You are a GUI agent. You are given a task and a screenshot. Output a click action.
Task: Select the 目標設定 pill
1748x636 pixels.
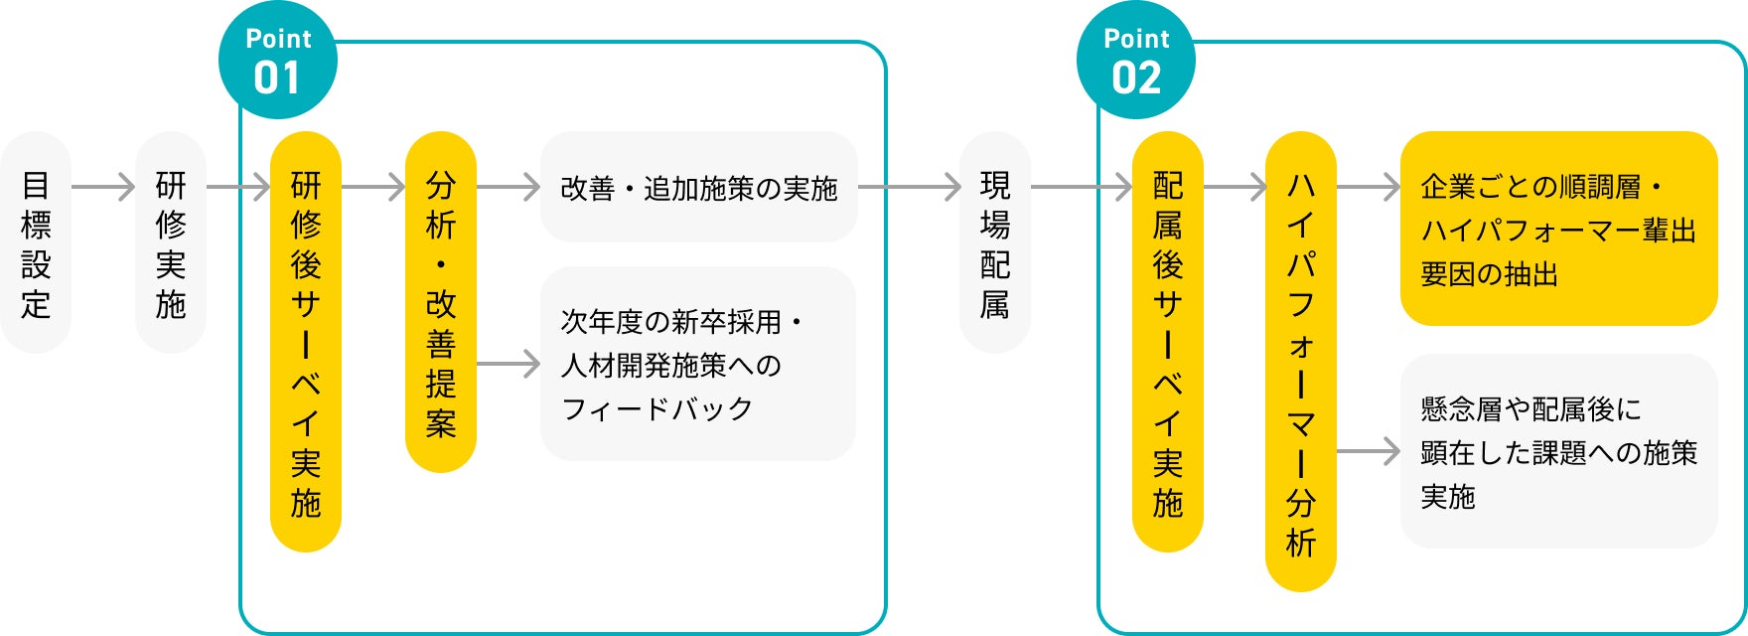click(36, 243)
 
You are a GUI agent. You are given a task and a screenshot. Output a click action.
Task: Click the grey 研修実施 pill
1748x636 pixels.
click(171, 243)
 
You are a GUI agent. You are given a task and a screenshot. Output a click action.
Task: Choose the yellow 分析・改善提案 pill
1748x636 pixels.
click(441, 302)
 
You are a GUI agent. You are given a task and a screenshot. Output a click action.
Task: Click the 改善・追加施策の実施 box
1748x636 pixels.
click(698, 187)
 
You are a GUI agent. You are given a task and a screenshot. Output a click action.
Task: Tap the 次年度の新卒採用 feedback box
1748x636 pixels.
click(698, 364)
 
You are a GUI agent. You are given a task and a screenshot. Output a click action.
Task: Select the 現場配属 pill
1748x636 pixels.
click(995, 243)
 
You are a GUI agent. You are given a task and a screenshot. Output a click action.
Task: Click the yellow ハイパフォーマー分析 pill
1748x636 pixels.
click(1301, 362)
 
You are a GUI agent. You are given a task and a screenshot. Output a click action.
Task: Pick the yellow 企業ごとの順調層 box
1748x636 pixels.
click(1558, 229)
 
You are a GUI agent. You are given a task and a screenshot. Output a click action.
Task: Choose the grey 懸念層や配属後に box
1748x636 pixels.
click(1558, 451)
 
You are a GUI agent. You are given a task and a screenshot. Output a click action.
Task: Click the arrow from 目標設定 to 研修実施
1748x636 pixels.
click(103, 186)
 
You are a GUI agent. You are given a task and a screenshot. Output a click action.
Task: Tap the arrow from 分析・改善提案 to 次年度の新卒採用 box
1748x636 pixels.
click(509, 364)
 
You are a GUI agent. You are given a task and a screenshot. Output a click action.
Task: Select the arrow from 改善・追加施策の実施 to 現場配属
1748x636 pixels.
click(909, 186)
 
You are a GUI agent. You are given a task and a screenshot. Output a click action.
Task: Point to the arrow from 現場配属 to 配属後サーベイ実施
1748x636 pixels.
click(1082, 186)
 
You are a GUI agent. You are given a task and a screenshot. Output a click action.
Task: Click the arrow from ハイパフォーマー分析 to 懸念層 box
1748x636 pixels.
click(1368, 451)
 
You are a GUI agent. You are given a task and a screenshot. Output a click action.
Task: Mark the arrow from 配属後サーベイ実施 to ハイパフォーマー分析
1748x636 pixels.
click(1235, 186)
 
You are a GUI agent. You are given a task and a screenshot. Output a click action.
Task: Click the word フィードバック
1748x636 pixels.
click(656, 408)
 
